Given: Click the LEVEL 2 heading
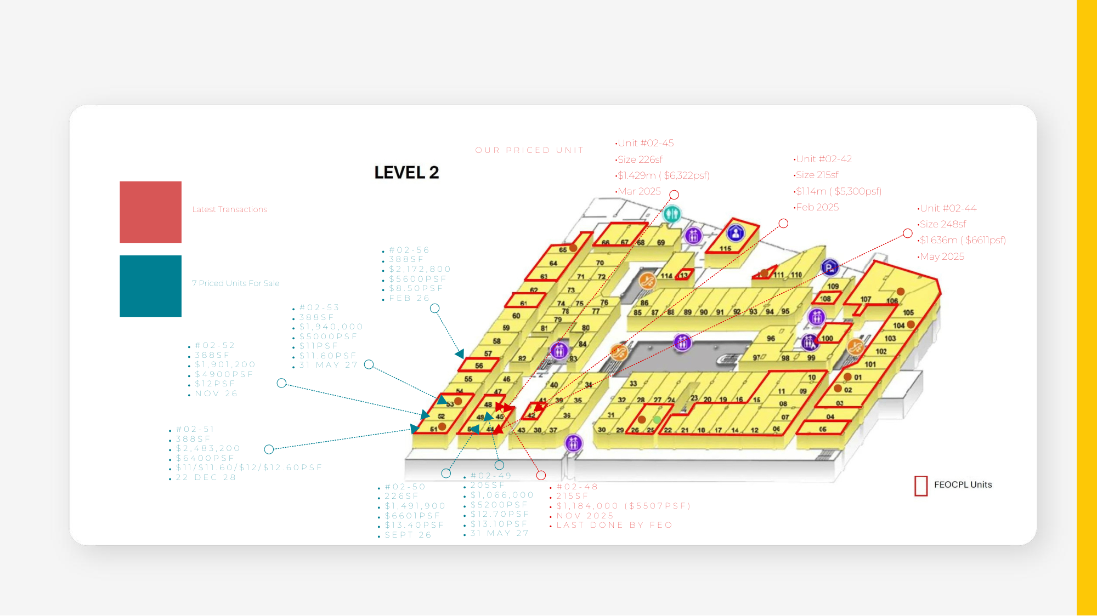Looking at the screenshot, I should coord(406,173).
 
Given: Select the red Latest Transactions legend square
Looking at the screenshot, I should coord(150,212).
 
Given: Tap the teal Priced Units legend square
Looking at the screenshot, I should coord(150,286).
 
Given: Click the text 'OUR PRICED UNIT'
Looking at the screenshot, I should coord(529,150).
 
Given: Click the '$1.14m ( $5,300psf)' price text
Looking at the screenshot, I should coord(838,191).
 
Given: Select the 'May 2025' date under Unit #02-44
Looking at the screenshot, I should coord(942,256).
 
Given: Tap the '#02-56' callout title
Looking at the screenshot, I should coord(409,250).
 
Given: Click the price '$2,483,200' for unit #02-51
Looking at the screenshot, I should coord(208,448).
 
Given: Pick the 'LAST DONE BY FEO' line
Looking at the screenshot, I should coord(614,525).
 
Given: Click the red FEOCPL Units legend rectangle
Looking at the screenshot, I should coord(921,486).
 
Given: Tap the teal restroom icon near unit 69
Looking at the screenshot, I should coord(672,214).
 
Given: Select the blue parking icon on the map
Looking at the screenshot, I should coord(829,267).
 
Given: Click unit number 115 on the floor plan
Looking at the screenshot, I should coord(725,249).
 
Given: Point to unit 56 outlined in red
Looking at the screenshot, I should coord(479,366).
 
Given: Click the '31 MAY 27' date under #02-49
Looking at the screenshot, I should coord(499,533).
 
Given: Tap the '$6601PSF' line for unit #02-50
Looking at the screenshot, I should coord(412,516).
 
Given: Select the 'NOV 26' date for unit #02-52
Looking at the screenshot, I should coord(216,393).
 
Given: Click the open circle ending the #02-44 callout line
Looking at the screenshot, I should coord(908,233).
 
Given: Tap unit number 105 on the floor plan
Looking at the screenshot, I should coord(908,313).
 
